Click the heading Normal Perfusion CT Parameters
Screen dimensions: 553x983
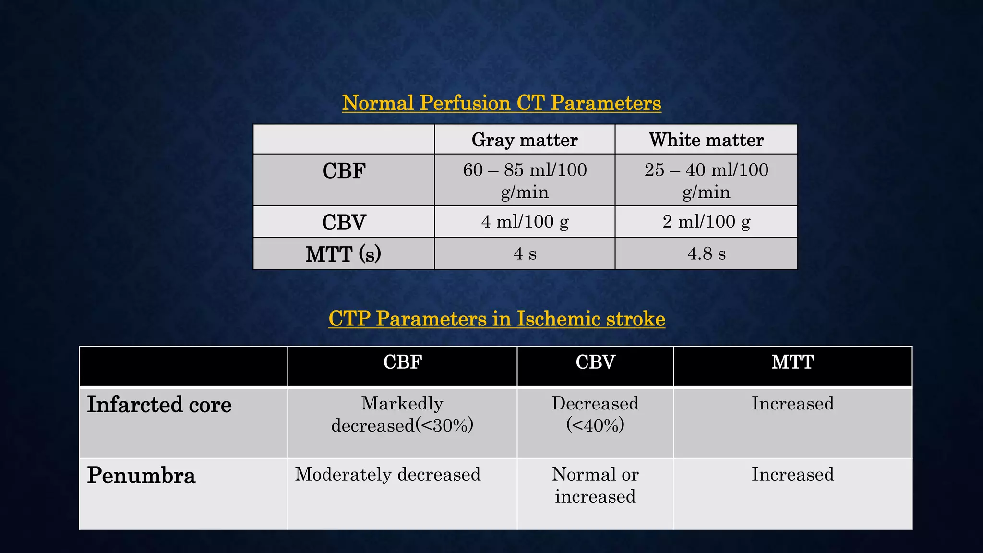tap(502, 103)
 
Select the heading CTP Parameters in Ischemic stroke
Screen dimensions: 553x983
tap(497, 319)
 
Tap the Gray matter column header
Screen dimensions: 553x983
tap(525, 140)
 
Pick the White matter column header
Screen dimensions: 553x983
tap(706, 140)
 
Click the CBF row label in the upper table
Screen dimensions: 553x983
tap(344, 171)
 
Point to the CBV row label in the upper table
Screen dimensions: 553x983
tap(344, 222)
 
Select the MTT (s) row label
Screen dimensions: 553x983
tap(344, 254)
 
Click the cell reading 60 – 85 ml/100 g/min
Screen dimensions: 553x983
tap(525, 180)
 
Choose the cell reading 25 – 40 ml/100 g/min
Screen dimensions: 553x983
tap(706, 180)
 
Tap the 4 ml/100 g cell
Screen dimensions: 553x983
tap(525, 222)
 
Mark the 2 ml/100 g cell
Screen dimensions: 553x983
tap(706, 222)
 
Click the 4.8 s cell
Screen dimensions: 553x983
tap(706, 253)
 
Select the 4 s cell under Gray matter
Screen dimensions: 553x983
tap(525, 253)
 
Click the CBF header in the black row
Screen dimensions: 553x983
tap(402, 362)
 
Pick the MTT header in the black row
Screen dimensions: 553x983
tap(792, 362)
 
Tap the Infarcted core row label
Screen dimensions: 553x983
tap(159, 405)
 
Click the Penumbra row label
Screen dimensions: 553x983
tap(141, 476)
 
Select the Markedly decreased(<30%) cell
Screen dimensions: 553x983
tap(402, 414)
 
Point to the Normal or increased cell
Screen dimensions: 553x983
tap(595, 485)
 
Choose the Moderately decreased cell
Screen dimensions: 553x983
tap(388, 475)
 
